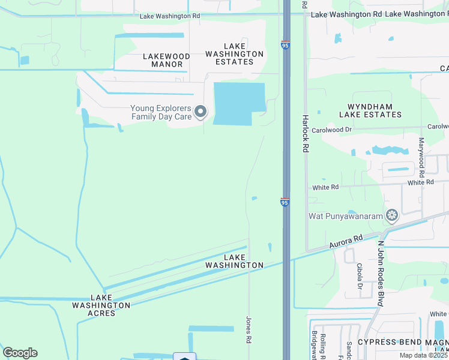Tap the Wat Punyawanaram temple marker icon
(x=393, y=215)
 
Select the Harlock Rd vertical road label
(x=305, y=133)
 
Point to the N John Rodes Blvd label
(x=380, y=274)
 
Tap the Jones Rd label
(x=248, y=330)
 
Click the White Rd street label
(x=325, y=187)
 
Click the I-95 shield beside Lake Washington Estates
(x=285, y=44)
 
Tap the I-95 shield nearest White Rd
(x=285, y=202)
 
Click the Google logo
(x=20, y=353)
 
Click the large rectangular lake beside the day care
(x=239, y=103)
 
